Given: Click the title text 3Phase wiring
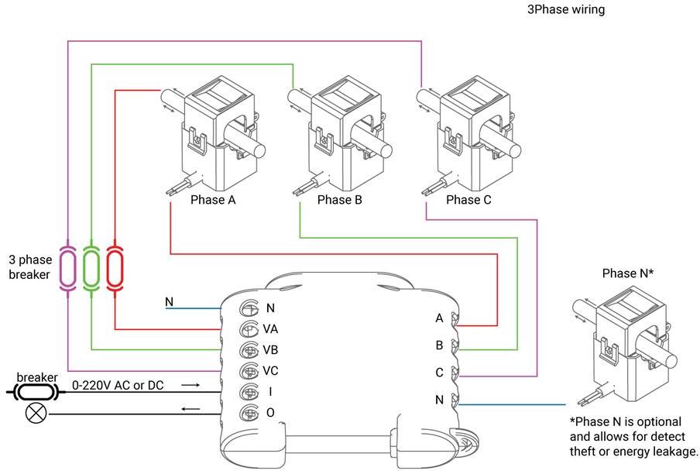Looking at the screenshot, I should click(565, 10).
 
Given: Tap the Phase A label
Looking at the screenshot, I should click(213, 200).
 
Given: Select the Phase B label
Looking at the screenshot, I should click(339, 200).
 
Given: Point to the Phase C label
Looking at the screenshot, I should click(468, 200).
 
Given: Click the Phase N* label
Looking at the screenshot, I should click(628, 273).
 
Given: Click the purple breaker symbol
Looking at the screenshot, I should click(68, 267).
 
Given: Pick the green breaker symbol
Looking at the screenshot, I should click(91, 267).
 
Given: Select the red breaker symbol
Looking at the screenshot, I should click(115, 267).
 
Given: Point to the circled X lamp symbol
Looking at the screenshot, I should click(35, 413).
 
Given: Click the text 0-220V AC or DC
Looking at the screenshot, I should click(118, 384).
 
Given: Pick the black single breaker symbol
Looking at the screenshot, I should click(36, 392).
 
